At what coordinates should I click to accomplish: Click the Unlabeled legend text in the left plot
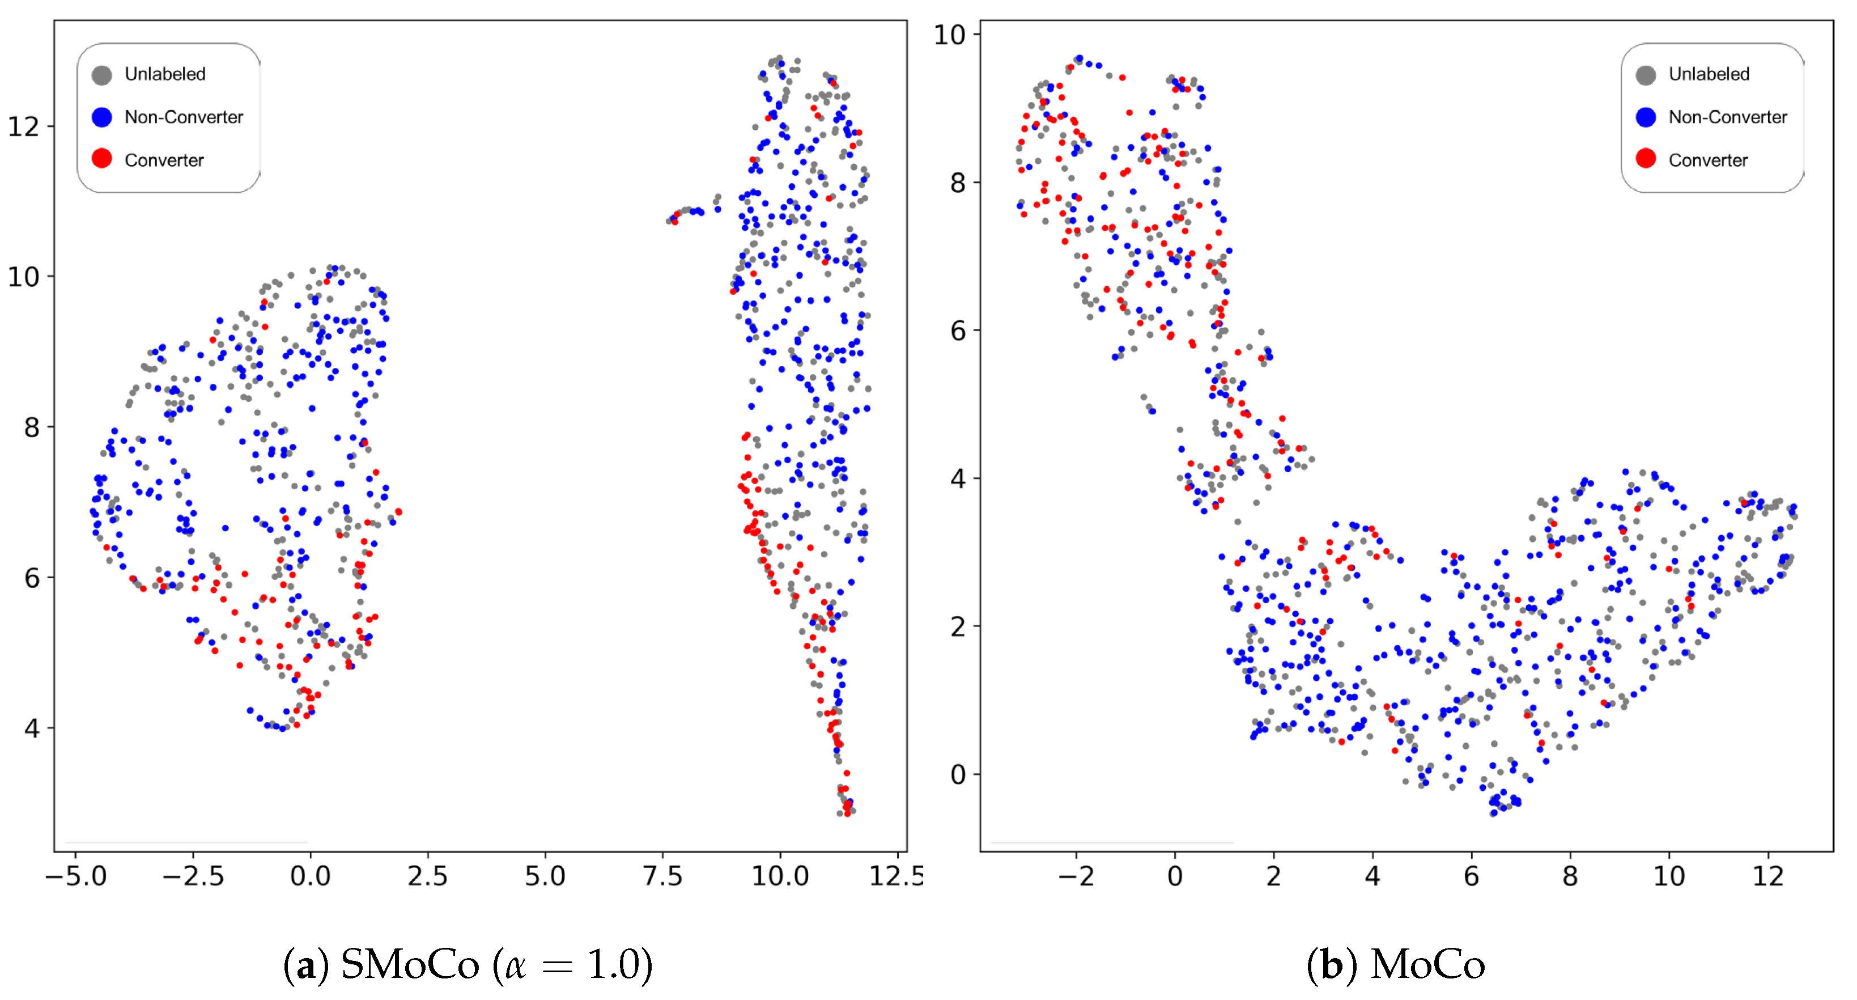point(165,74)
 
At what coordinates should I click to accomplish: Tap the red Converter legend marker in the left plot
point(101,159)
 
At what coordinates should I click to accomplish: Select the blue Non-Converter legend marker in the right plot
point(1646,117)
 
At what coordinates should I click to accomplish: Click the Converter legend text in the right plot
point(1708,160)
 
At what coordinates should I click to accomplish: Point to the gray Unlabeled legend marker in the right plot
point(1646,75)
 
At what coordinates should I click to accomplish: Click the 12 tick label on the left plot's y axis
point(23,127)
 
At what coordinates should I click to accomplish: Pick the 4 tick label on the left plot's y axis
point(31,728)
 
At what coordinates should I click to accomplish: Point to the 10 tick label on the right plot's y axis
point(949,35)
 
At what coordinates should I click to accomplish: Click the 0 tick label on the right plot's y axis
point(957,774)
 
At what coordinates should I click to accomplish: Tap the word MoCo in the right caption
point(1427,965)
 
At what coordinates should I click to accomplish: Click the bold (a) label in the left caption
point(305,965)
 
